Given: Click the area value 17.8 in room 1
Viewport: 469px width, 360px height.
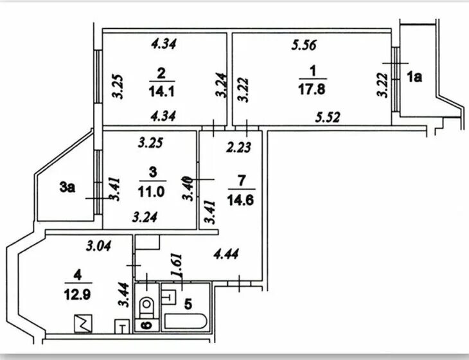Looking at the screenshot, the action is [x=312, y=89].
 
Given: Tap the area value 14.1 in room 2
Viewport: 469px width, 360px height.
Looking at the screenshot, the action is [x=161, y=91].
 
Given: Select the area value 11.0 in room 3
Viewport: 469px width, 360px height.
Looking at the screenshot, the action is [x=152, y=192].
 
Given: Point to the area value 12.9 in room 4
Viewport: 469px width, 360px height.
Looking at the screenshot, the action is [x=77, y=295].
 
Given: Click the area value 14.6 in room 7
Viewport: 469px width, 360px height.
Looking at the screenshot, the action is [x=241, y=200].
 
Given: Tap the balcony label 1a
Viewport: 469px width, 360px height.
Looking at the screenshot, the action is [x=414, y=77].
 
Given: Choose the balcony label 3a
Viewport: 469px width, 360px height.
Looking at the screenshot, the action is [x=67, y=188].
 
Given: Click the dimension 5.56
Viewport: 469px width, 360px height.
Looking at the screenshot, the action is [x=304, y=45].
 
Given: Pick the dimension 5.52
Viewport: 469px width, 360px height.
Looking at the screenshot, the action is [x=328, y=117].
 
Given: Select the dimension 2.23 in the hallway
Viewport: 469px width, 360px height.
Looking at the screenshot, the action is [x=238, y=147].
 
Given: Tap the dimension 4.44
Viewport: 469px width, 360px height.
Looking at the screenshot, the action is [x=226, y=254].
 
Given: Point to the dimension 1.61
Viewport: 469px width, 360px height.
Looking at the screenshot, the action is [x=176, y=266].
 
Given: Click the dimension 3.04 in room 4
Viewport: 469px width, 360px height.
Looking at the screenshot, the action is [x=98, y=246].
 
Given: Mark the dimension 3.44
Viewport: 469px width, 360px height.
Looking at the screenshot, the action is [x=124, y=295].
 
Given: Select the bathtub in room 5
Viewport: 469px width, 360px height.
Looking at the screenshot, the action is [x=186, y=321].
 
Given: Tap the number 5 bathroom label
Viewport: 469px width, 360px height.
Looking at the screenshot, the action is [x=188, y=304].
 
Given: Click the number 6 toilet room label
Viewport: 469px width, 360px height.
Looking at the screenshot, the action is [x=147, y=325].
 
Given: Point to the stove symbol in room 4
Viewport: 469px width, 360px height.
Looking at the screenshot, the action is [x=83, y=323].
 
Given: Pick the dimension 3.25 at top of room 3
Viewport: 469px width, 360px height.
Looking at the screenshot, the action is [x=150, y=143].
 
